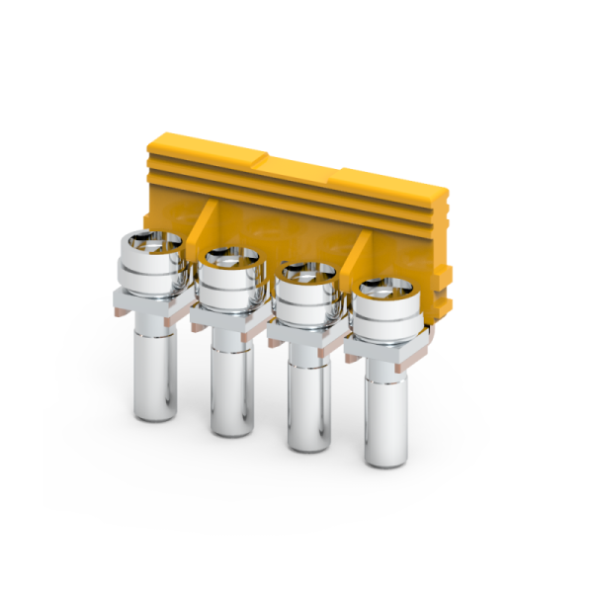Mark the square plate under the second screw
[229, 321]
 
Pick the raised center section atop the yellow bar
[296, 162]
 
